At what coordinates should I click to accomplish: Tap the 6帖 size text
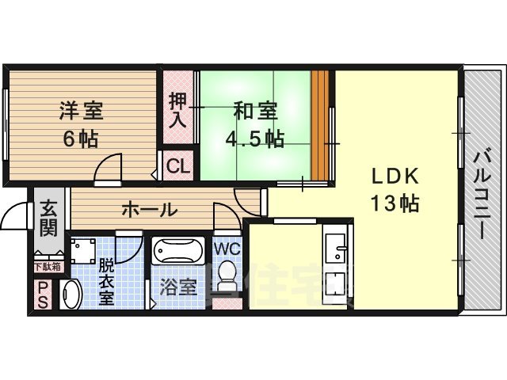[x=81, y=139]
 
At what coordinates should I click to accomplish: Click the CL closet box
[x=178, y=166]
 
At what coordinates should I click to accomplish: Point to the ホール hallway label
[x=149, y=210]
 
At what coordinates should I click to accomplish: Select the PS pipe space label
[x=42, y=294]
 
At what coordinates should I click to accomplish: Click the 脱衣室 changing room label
[x=107, y=283]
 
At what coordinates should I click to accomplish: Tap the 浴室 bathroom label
[x=178, y=286]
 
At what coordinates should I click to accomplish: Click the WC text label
[x=227, y=248]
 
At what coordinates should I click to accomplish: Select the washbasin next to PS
[x=70, y=294]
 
